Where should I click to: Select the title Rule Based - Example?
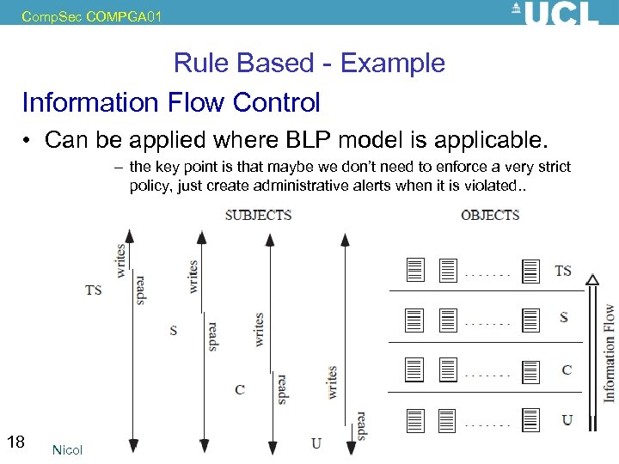click(309, 63)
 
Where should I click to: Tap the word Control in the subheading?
click(275, 102)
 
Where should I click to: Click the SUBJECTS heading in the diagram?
click(258, 215)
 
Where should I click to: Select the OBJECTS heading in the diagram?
click(490, 215)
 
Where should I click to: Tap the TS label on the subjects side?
click(94, 290)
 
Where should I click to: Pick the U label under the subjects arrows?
click(316, 443)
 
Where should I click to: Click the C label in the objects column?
click(567, 370)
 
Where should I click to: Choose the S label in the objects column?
click(564, 317)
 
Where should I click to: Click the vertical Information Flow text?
click(610, 352)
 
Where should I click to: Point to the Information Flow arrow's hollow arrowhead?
click(591, 279)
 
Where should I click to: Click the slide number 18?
click(15, 443)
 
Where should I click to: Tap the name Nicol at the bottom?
click(67, 450)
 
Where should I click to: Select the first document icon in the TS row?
click(415, 271)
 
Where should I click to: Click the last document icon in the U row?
click(530, 420)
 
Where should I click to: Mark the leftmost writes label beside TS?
click(121, 259)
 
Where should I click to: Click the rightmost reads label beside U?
click(361, 425)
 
